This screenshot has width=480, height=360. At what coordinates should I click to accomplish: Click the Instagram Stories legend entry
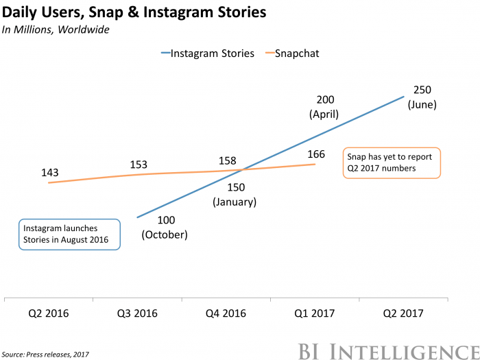point(208,53)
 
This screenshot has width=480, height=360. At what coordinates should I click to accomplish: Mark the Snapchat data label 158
point(228,160)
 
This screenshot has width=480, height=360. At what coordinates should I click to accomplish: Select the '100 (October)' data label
point(165,228)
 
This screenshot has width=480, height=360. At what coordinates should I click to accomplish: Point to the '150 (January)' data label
point(235,194)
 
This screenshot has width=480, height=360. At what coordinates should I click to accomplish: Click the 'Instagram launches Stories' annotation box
point(69,234)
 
